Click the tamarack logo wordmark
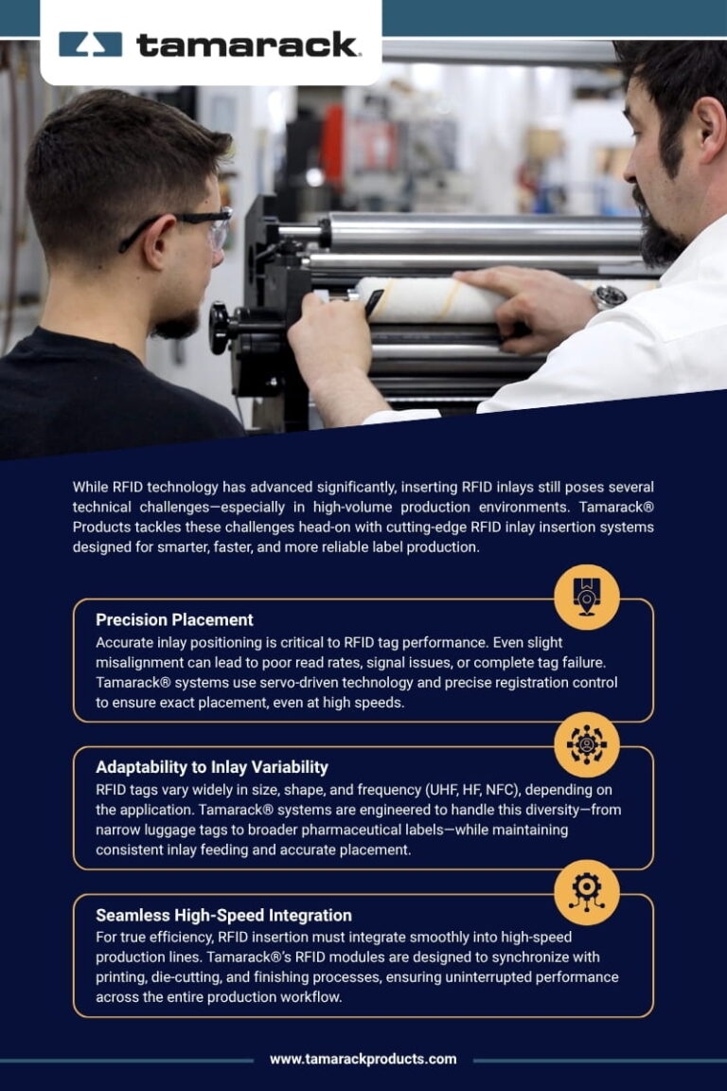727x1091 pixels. [247, 45]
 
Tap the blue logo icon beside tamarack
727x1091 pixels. [90, 45]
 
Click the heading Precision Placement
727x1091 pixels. [174, 620]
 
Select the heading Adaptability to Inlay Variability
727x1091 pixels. [212, 767]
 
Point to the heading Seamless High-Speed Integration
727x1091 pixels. [223, 915]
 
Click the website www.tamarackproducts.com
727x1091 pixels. [363, 1059]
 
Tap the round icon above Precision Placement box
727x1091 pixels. [587, 597]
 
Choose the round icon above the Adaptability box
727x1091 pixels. [587, 744]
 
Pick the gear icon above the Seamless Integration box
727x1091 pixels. [587, 892]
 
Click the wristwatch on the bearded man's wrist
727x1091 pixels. [608, 297]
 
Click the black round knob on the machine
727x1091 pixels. [220, 328]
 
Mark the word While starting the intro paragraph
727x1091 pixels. [91, 488]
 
